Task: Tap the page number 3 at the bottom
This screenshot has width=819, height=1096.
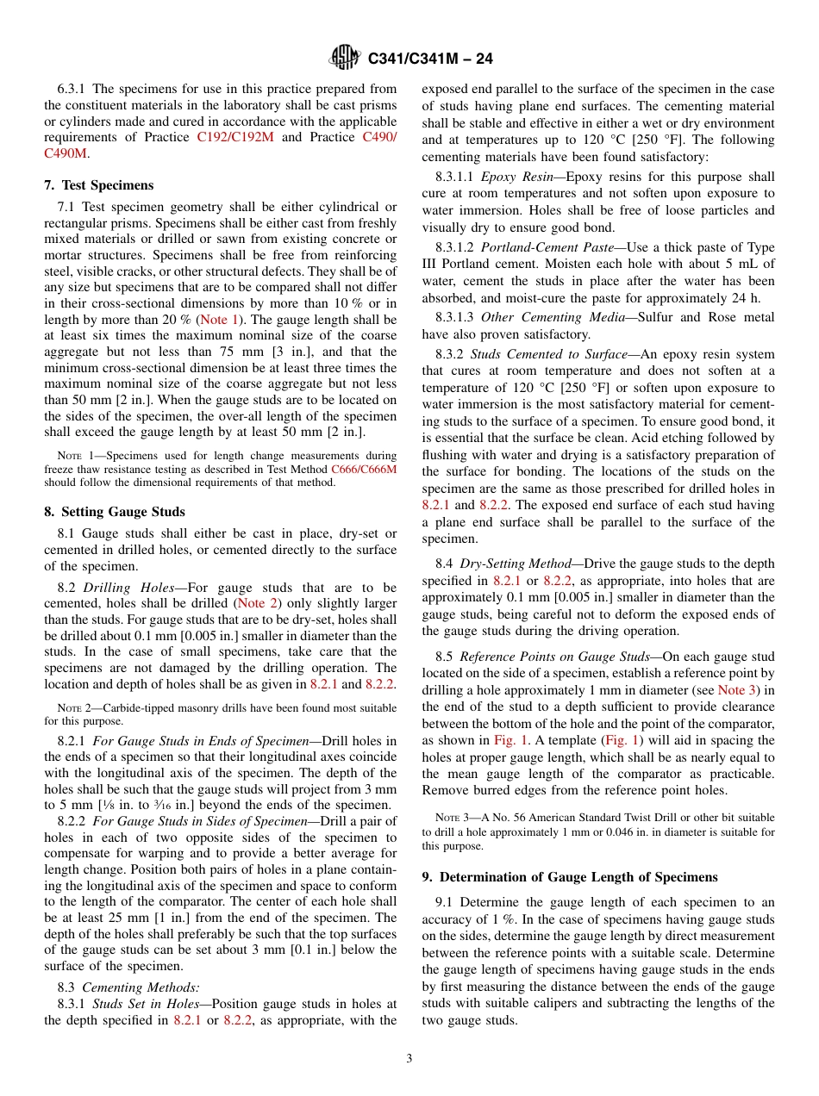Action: tap(409, 1058)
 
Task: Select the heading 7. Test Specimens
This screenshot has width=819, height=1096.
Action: tap(98, 185)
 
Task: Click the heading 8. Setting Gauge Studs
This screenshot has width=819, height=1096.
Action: tap(114, 511)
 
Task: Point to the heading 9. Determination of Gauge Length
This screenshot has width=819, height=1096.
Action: tap(569, 877)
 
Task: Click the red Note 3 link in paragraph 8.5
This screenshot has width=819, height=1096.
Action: tap(733, 690)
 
